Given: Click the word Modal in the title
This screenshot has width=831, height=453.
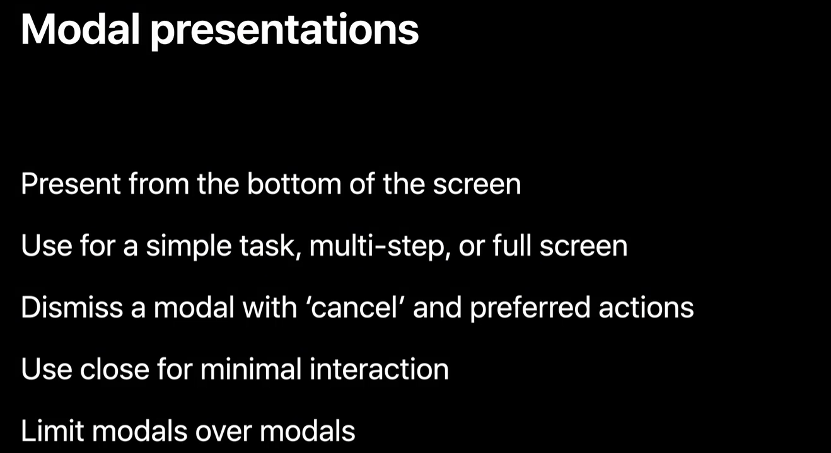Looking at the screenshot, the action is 80,29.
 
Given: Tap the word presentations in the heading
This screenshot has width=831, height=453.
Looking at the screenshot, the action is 284,32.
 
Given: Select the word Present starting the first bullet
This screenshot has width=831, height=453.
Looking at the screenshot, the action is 71,183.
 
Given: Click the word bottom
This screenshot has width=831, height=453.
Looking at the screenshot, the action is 294,183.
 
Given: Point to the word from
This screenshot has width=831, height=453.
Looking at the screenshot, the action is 159,183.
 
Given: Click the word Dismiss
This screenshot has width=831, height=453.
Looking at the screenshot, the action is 72,307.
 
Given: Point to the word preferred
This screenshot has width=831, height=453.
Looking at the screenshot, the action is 530,309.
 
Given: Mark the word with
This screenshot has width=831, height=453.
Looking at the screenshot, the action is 270,307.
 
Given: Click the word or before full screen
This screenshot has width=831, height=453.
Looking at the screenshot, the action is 472,248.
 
